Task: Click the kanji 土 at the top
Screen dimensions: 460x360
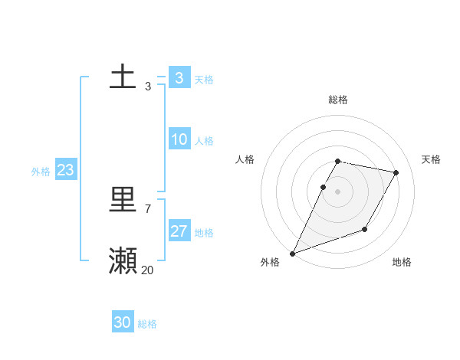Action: point(123,79)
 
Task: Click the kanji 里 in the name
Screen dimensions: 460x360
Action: point(123,201)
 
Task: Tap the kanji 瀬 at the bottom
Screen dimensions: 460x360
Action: point(123,261)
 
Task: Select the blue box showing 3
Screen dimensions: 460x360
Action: point(179,78)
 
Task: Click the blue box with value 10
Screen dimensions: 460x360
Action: point(179,139)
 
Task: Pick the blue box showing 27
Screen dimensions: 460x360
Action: point(179,231)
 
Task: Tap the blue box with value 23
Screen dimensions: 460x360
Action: point(65,170)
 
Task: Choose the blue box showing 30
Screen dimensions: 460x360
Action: point(123,322)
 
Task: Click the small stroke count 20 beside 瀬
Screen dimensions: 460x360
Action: point(147,270)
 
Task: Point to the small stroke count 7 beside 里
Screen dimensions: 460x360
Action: point(147,208)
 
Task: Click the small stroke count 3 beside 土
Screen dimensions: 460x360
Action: point(147,87)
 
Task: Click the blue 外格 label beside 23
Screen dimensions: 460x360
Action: point(41,172)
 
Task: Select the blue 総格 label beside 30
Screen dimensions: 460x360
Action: point(147,324)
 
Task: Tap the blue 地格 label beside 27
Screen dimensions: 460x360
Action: point(204,233)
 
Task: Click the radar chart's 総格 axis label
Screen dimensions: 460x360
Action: point(338,100)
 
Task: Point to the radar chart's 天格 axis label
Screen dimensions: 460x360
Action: point(431,159)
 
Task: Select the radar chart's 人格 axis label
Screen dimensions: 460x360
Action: point(245,159)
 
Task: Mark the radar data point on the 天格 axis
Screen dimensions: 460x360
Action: point(396,173)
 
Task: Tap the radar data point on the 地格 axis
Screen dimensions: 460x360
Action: point(365,229)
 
